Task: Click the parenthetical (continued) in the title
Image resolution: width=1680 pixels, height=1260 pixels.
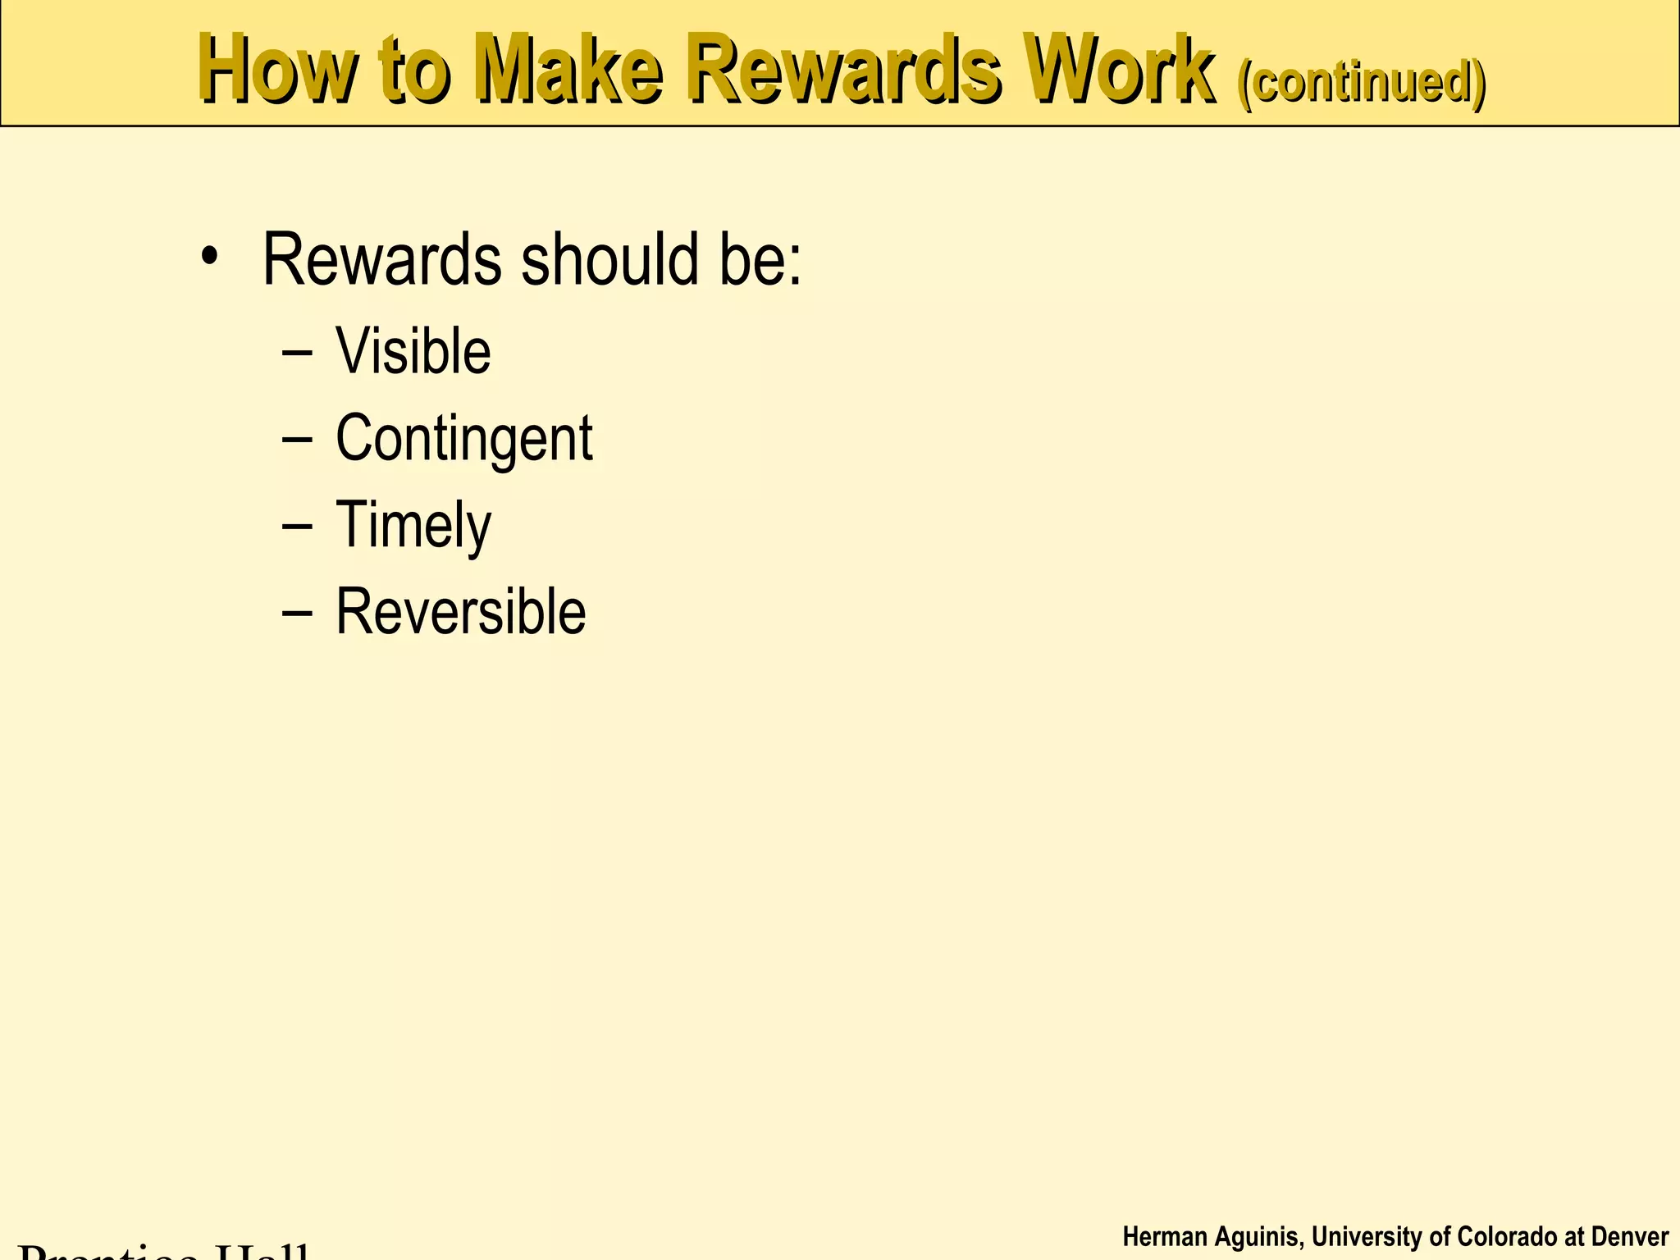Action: pyautogui.click(x=1363, y=82)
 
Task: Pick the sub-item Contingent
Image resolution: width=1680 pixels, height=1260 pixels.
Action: pyautogui.click(x=463, y=438)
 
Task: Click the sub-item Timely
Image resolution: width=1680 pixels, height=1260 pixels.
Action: pyautogui.click(x=413, y=525)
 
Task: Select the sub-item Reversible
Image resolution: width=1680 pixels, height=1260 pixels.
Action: pyautogui.click(x=461, y=612)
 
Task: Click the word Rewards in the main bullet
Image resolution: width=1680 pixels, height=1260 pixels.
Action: pyautogui.click(x=381, y=260)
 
